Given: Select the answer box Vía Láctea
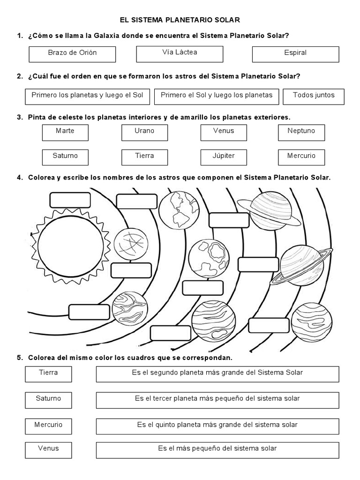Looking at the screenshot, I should [180, 53].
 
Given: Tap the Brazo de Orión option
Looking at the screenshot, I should [72, 54].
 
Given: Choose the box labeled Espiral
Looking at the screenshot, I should [295, 54].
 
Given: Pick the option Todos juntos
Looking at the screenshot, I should [314, 96].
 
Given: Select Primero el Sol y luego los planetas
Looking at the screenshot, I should [217, 96].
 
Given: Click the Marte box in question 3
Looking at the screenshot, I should [65, 132].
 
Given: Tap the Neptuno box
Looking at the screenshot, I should [301, 132].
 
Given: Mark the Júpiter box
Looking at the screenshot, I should [224, 157].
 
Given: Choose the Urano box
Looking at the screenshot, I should [144, 132].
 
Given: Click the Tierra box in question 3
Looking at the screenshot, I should [144, 157].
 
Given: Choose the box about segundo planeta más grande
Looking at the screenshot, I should [217, 374].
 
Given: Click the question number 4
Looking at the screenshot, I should [20, 178].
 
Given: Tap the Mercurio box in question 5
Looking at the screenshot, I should [48, 426].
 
